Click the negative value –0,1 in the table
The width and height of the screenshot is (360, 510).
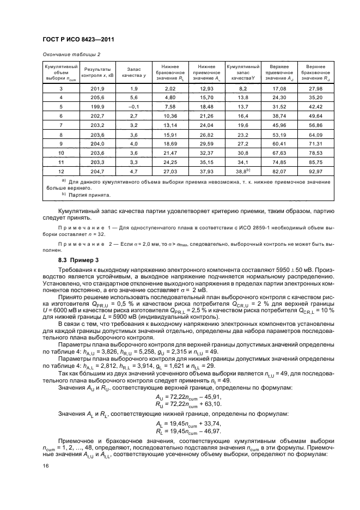(133, 106)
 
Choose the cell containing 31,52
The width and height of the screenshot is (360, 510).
(279, 106)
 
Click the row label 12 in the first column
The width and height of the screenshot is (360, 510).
(61, 172)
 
